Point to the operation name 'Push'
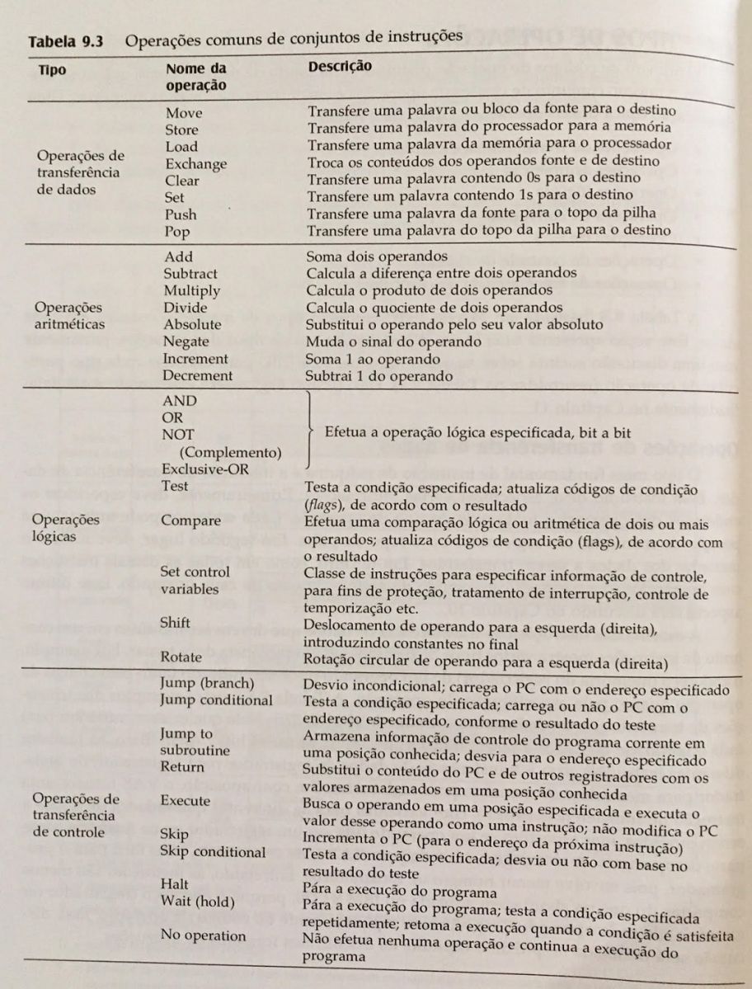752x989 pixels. (181, 214)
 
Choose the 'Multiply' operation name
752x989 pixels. (191, 290)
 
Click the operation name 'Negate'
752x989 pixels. (186, 341)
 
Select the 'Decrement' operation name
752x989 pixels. (198, 375)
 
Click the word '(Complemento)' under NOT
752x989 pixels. (230, 451)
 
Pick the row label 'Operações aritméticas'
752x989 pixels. (69, 315)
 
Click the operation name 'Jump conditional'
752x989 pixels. (217, 700)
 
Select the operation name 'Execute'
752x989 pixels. (186, 800)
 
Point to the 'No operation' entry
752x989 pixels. (203, 935)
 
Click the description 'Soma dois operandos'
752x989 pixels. (377, 257)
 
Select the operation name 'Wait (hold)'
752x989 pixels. (198, 901)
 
